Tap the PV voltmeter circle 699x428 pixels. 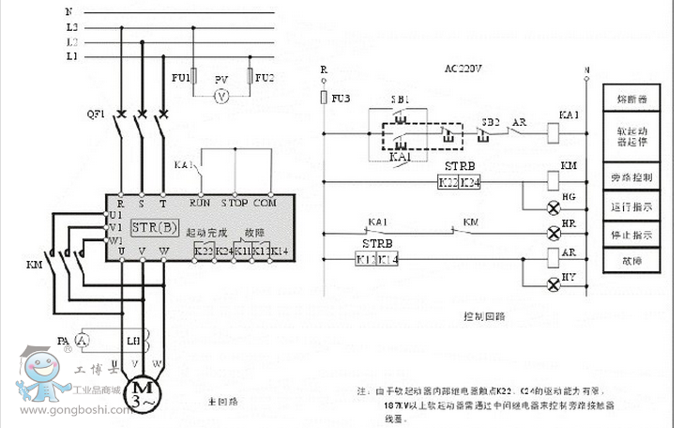(x=222, y=96)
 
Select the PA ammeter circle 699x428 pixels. (x=83, y=340)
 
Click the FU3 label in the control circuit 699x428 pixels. (x=342, y=97)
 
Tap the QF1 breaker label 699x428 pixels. (x=96, y=115)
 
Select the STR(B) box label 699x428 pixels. (x=154, y=227)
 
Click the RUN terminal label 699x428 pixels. (x=199, y=201)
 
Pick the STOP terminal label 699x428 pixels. (x=234, y=201)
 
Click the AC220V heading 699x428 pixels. (x=463, y=69)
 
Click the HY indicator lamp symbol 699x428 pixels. (x=552, y=280)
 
